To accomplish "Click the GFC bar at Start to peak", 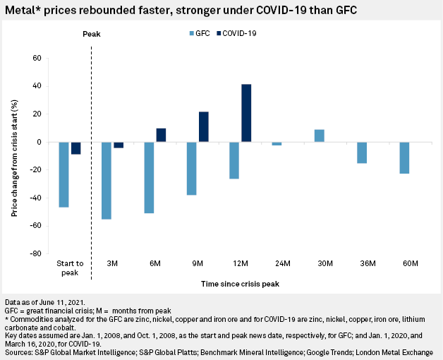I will pos(64,174).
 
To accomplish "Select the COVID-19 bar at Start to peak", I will pos(75,148).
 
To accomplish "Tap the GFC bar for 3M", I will pos(107,181).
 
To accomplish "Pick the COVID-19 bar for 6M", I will pos(161,135).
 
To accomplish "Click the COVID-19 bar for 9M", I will pos(203,127).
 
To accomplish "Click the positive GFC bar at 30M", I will pos(320,136).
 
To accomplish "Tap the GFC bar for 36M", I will pos(362,152).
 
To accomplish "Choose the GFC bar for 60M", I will pos(404,158).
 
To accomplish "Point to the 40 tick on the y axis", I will pos(37,86).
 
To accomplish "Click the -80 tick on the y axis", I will pos(35,253).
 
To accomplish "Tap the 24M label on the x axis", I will pos(282,263).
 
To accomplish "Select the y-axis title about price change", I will pos(15,155).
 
